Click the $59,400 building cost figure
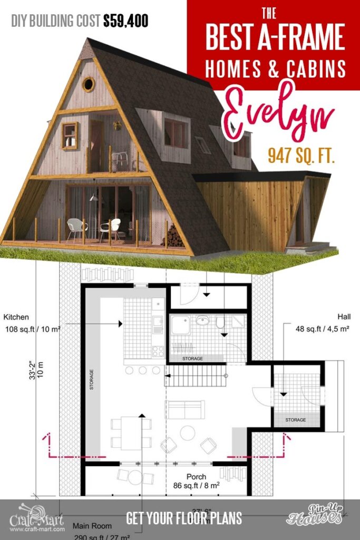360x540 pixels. coord(125,21)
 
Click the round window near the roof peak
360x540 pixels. coord(88,83)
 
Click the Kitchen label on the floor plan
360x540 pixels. coord(16,317)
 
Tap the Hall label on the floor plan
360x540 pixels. coord(345,317)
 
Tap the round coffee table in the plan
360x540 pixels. coord(188,433)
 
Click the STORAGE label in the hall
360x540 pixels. coord(295,420)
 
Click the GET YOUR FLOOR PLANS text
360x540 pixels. coord(183,517)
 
